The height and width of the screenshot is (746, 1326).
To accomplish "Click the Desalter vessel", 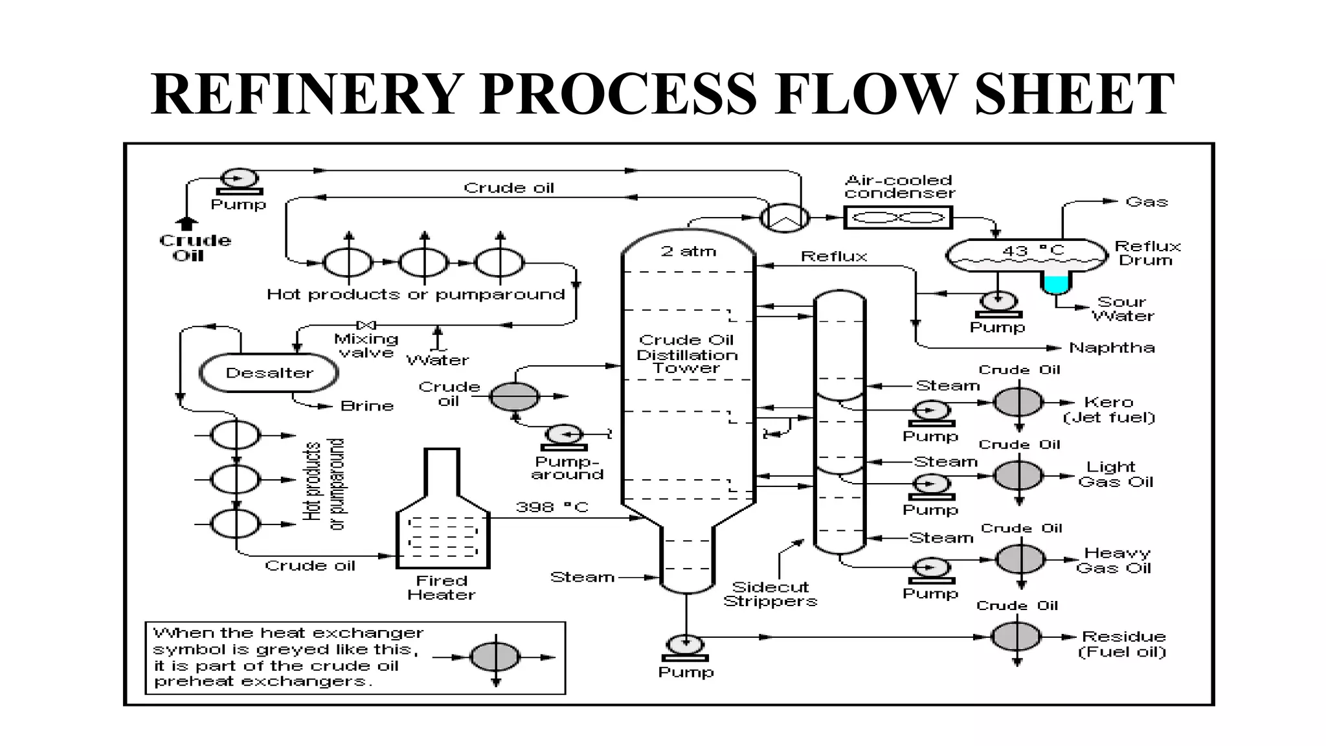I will (x=269, y=373).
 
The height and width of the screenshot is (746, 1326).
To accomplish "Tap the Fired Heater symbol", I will (x=443, y=518).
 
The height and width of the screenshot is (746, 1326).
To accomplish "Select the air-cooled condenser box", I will (x=897, y=218).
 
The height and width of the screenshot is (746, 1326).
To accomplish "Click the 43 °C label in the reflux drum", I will (x=1033, y=251).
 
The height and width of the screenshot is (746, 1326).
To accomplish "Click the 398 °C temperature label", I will (x=552, y=507).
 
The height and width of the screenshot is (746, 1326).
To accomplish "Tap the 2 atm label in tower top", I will (x=688, y=251).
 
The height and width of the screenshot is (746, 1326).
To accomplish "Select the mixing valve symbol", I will (x=366, y=324).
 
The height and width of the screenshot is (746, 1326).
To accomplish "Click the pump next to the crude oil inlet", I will (x=239, y=179).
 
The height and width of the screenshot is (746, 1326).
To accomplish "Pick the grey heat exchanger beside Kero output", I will (x=1018, y=403).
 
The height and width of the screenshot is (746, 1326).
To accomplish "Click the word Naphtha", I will (x=1111, y=348).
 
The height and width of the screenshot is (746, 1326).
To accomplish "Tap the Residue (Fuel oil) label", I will (x=1122, y=644).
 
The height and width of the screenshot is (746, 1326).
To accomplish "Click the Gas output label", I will (x=1146, y=202).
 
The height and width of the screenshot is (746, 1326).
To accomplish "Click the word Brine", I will (x=366, y=406).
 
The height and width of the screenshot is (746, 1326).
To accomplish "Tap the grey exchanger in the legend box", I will (x=495, y=657).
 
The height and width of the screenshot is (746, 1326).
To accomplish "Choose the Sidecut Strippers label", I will (x=770, y=594).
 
